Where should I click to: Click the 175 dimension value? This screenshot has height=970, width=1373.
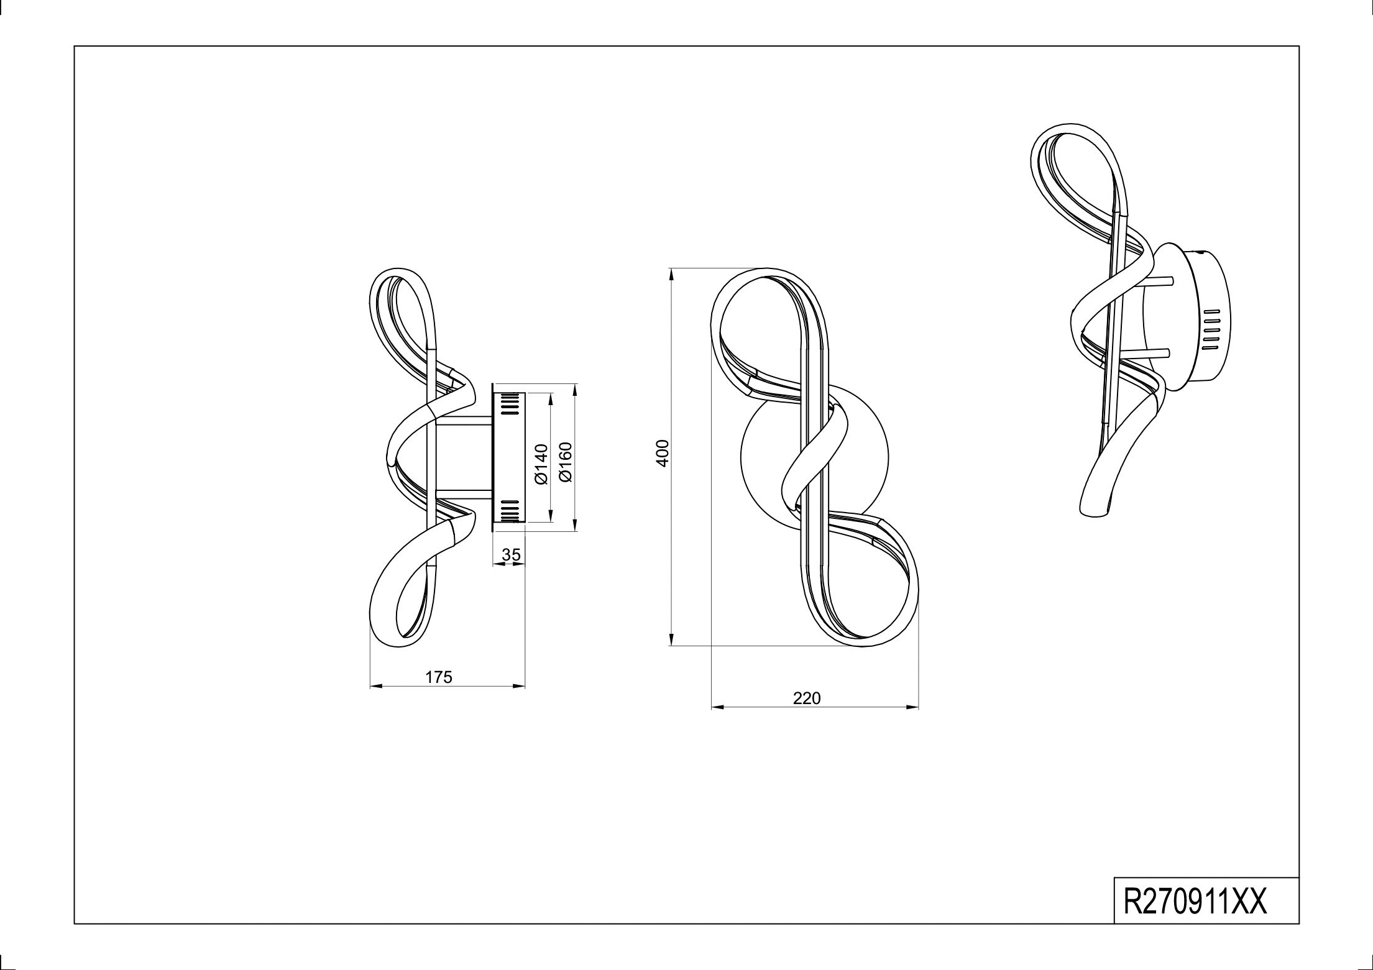pyautogui.click(x=439, y=677)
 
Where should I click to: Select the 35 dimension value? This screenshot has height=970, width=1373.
pyautogui.click(x=511, y=554)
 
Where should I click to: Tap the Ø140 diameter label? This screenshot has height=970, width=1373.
pyautogui.click(x=540, y=464)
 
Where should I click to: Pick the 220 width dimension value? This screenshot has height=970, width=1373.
pyautogui.click(x=807, y=698)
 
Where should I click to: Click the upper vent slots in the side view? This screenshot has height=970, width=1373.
pyautogui.click(x=509, y=403)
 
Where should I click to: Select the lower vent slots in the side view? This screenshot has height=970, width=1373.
pyautogui.click(x=509, y=511)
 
